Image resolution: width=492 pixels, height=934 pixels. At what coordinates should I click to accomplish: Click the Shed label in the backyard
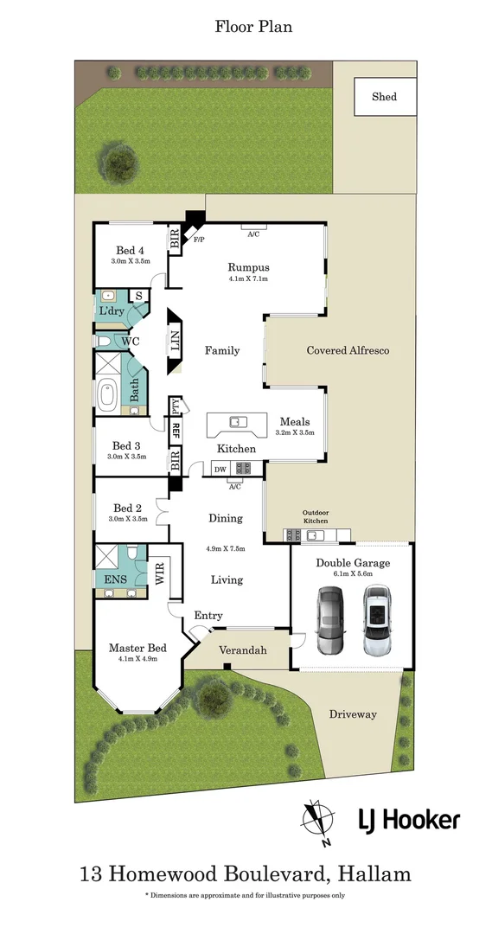coord(384,97)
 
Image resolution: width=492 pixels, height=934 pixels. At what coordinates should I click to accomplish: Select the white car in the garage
coord(377,620)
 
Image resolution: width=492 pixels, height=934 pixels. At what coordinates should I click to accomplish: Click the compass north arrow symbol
coord(316,822)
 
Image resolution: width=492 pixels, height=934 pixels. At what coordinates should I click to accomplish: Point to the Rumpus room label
coord(248,267)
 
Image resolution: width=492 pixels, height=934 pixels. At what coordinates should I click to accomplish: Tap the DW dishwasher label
coord(220,469)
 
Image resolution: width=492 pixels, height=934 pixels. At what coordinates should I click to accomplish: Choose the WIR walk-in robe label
coord(158,572)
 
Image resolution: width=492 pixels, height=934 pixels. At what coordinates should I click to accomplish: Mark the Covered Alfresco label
coord(348,350)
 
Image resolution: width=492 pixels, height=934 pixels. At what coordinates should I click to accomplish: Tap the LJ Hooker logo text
coord(409,820)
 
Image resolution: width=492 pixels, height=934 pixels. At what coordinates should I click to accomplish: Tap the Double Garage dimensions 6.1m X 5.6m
coord(352,573)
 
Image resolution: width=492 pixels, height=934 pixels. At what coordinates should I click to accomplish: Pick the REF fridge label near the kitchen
coord(176,429)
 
